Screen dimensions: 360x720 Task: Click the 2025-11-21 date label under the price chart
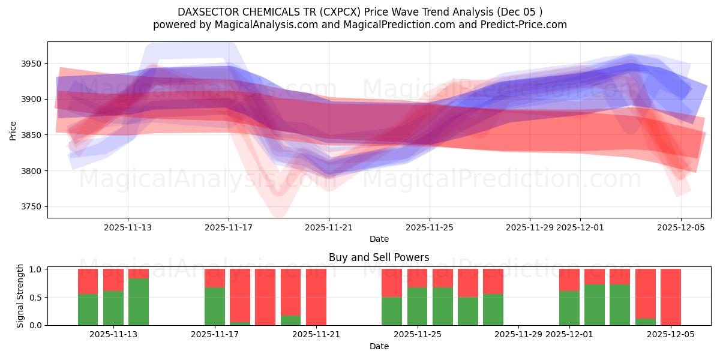(x=329, y=228)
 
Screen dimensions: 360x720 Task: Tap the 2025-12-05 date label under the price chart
(x=680, y=228)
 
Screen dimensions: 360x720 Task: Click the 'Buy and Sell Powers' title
(x=379, y=257)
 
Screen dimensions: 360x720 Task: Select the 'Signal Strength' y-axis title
(x=20, y=296)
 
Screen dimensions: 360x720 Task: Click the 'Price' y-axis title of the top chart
(x=13, y=130)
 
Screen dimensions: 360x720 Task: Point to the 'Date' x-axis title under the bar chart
(x=379, y=346)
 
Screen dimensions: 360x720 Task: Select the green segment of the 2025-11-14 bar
(x=139, y=302)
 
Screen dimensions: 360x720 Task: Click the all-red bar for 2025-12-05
(x=671, y=297)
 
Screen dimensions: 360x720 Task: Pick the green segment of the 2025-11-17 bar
(x=215, y=306)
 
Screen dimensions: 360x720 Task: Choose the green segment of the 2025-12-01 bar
(x=569, y=308)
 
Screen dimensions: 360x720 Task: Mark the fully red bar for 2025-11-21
(x=316, y=297)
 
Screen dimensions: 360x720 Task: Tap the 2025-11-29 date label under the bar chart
(x=519, y=334)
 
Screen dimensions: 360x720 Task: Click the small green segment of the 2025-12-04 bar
(x=646, y=322)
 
